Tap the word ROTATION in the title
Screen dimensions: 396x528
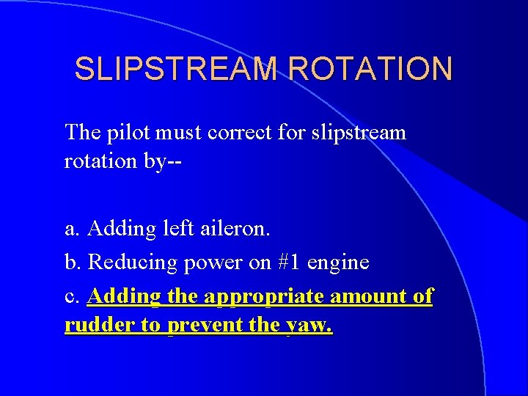(371, 69)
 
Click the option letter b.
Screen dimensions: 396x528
(72, 262)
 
